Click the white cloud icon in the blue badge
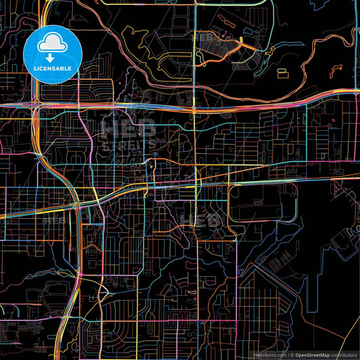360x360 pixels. [53, 43]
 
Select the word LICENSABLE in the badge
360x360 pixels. [53, 69]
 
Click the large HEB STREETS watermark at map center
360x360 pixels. [128, 135]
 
